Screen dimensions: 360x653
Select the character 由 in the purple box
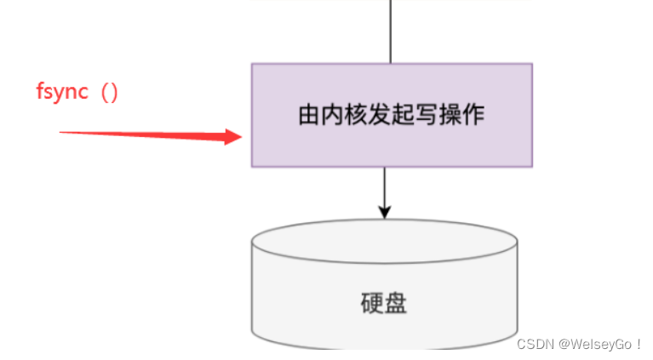tap(308, 115)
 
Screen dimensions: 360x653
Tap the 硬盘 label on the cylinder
tap(384, 303)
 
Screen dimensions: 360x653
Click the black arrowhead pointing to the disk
tap(384, 211)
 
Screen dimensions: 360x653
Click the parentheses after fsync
tap(109, 92)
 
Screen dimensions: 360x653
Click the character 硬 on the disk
tap(372, 303)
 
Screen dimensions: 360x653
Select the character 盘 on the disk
tap(396, 303)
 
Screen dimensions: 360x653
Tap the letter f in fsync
tap(40, 92)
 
